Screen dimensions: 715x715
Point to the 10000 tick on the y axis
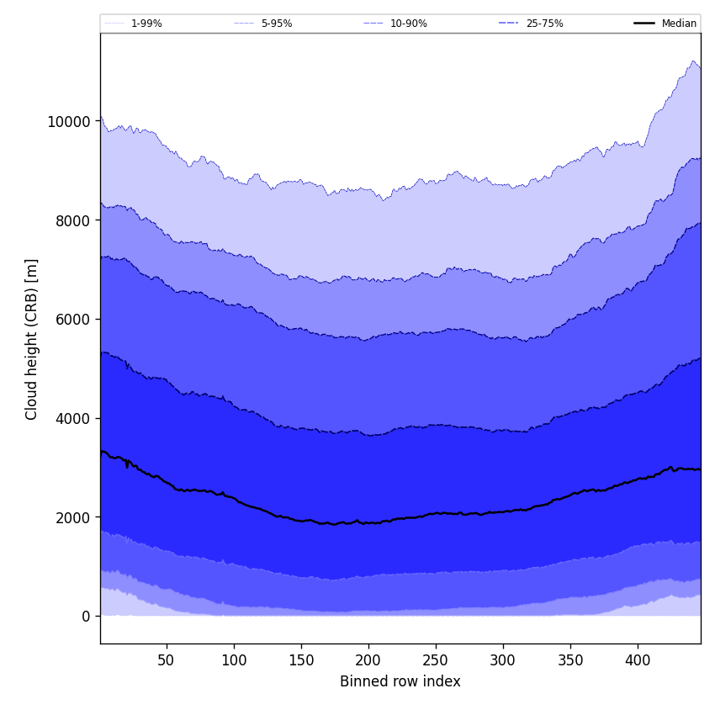point(68,121)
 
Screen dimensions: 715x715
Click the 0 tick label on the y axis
point(85,617)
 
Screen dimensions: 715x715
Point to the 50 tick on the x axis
point(167,660)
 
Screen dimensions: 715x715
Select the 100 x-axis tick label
point(234,660)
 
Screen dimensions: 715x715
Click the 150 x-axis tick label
point(301,660)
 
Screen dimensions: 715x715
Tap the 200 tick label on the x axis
point(368,660)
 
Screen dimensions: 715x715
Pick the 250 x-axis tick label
point(436,660)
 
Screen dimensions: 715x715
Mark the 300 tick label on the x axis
point(503,660)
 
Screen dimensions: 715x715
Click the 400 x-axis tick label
point(638,660)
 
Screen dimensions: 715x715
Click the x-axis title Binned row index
point(400,682)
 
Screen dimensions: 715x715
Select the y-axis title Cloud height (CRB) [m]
point(33,339)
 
